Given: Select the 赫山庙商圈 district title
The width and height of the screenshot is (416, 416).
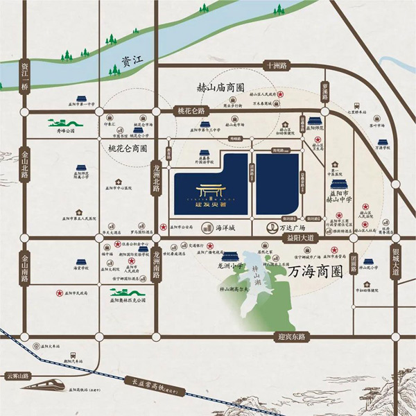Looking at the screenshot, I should tap(220, 88).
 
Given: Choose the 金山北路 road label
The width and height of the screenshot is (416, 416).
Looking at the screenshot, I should tap(26, 163).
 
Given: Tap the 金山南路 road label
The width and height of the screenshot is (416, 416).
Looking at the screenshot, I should tap(26, 265).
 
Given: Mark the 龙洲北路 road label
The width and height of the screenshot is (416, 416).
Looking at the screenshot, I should tap(157, 177).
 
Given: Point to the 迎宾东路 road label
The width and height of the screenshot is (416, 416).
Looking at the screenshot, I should tap(292, 336).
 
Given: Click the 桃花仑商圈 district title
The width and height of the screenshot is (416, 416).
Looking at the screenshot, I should tap(128, 148).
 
